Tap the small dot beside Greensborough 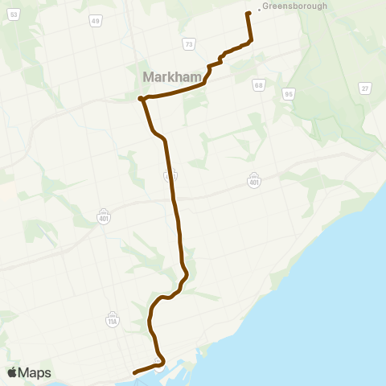[x=258, y=10]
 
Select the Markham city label [x=170, y=77]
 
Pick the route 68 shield [x=258, y=84]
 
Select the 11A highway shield [x=112, y=322]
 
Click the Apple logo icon [x=12, y=372]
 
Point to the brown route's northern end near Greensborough [x=248, y=14]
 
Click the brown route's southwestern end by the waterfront [x=133, y=372]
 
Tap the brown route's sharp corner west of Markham [x=141, y=99]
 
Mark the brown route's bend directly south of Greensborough [x=251, y=41]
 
